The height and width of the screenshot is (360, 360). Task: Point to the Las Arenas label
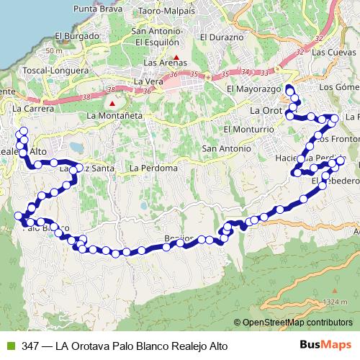click(x=166, y=63)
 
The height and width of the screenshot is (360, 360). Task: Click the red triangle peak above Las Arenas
click(x=175, y=55)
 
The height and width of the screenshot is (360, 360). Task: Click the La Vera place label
click(x=148, y=83)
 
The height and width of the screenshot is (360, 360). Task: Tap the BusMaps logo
click(x=325, y=346)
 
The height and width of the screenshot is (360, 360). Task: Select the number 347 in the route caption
click(x=30, y=346)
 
